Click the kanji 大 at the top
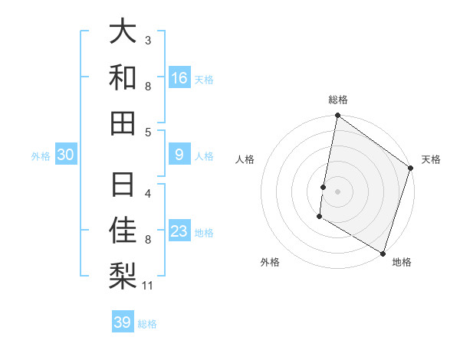(123, 32)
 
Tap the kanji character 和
(123, 77)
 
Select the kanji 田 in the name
(123, 123)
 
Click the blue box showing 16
(179, 77)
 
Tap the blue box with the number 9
(179, 155)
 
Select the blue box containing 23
(179, 231)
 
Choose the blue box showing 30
(65, 155)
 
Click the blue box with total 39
(123, 322)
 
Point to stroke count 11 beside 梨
(147, 286)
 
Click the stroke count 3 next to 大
(147, 40)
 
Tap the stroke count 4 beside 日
(147, 193)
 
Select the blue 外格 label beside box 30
(41, 155)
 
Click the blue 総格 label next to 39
(147, 323)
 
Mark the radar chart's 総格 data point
(337, 116)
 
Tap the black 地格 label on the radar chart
(402, 263)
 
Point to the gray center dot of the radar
(337, 189)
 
